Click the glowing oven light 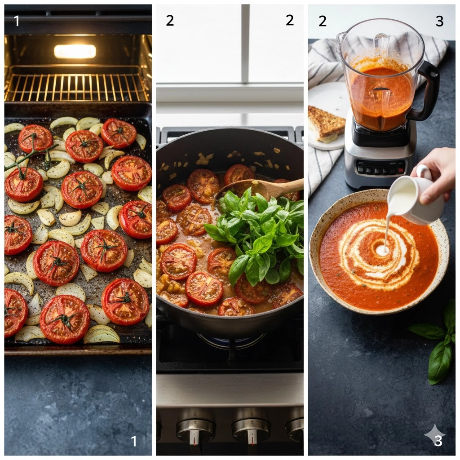pyautogui.click(x=75, y=51)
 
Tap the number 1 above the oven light pyautogui.click(x=17, y=21)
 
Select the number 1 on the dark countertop pyautogui.click(x=133, y=441)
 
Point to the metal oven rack pyautogui.click(x=76, y=85)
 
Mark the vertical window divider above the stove pyautogui.click(x=246, y=44)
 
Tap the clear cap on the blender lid pyautogui.click(x=381, y=44)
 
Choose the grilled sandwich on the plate pyautogui.click(x=326, y=123)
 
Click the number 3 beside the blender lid pyautogui.click(x=439, y=21)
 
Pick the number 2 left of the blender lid pyautogui.click(x=323, y=21)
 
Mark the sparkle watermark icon pyautogui.click(x=435, y=435)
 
